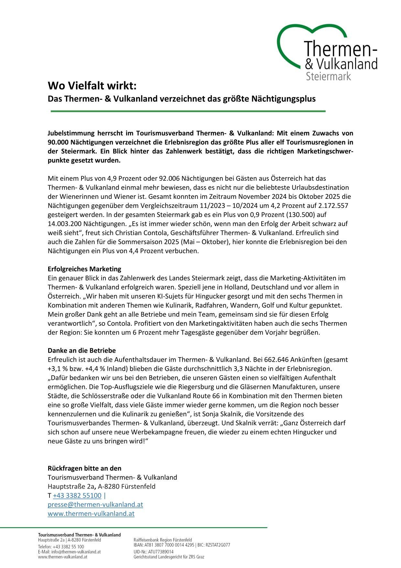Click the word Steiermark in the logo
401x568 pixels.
(328, 76)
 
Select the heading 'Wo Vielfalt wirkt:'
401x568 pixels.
(92, 86)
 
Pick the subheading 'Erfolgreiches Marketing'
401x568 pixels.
(84, 269)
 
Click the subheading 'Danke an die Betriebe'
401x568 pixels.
(81, 351)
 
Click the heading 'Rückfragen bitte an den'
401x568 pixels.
(84, 469)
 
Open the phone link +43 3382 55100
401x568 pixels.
(77, 496)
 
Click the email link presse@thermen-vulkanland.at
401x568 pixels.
(95, 505)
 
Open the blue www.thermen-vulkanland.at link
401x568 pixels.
(91, 514)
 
